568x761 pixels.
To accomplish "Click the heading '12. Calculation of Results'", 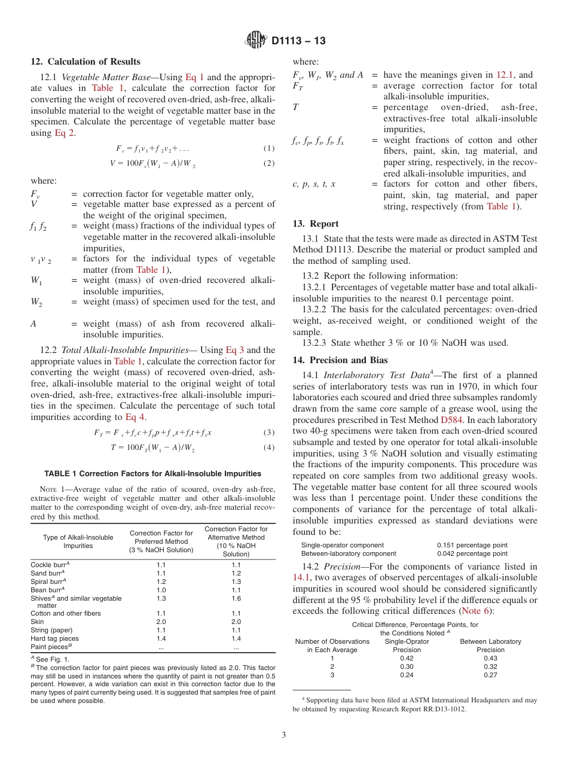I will coord(85,62).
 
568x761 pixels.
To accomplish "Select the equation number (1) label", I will coord(269,148).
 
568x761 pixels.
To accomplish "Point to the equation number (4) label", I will coord(269,448).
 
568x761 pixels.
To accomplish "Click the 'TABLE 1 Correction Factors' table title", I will coord(152,473).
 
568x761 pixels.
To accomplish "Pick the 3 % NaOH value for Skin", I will coord(161,622).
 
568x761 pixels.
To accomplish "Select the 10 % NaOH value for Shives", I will coord(236,598).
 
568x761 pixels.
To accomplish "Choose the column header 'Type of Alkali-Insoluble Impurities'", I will coord(78,541).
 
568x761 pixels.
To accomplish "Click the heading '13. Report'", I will coord(316,224).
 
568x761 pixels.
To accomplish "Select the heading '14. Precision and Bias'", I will coord(340,360).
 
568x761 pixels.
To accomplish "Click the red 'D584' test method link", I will coord(451,420).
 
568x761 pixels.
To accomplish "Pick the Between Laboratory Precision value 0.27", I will coord(490,675).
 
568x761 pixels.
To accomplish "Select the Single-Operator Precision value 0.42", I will coord(407,658).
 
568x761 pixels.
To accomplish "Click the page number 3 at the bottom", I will coord(284,735).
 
